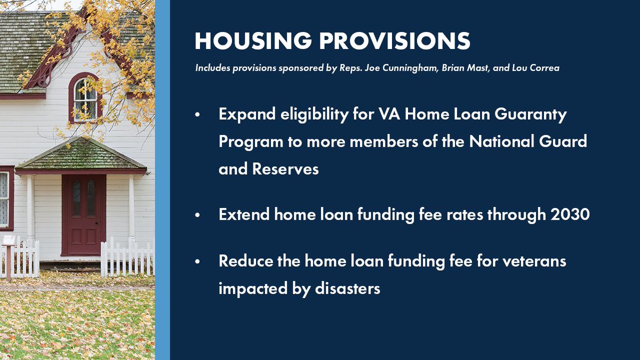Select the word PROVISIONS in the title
tap(394, 42)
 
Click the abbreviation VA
tap(387, 115)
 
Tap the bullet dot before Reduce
tap(198, 262)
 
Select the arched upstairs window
tap(85, 99)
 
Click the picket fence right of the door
tap(126, 258)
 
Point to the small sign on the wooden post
tap(9, 241)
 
